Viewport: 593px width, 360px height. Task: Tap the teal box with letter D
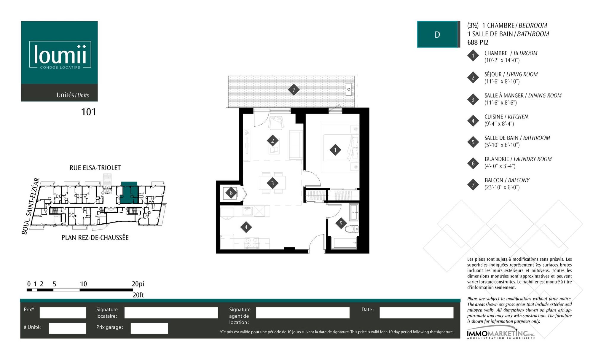437,34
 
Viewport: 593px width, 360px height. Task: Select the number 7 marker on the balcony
294,90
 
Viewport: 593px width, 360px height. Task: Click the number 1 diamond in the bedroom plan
335,150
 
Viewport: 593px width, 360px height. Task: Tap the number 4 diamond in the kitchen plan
246,227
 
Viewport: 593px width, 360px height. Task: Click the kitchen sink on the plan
247,211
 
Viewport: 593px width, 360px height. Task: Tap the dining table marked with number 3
272,183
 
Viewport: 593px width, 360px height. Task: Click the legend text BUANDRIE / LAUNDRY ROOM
518,159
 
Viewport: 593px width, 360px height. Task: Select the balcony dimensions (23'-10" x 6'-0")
502,187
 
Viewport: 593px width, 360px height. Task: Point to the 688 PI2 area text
478,42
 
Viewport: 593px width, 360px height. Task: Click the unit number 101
89,112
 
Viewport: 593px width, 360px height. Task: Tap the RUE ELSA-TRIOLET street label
95,168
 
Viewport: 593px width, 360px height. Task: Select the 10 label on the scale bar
83,284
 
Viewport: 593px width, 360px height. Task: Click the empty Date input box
416,313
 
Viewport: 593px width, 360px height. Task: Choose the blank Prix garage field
149,328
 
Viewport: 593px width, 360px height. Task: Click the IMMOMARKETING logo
501,334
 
